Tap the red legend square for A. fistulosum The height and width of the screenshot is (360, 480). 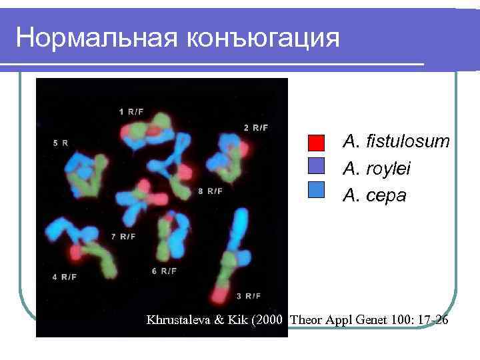316,143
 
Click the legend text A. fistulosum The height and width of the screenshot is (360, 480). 396,142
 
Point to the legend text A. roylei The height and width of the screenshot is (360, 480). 377,169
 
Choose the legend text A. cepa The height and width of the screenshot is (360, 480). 374,195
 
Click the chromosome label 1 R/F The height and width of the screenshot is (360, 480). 131,111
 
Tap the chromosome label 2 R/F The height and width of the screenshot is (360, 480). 255,127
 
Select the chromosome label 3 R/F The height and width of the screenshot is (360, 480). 248,295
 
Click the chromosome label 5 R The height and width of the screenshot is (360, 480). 60,143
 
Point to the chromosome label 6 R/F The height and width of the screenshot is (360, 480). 164,271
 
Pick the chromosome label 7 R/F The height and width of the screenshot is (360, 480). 123,236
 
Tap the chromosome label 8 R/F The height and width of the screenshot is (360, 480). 211,191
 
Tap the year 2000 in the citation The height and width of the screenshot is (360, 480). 275,321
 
